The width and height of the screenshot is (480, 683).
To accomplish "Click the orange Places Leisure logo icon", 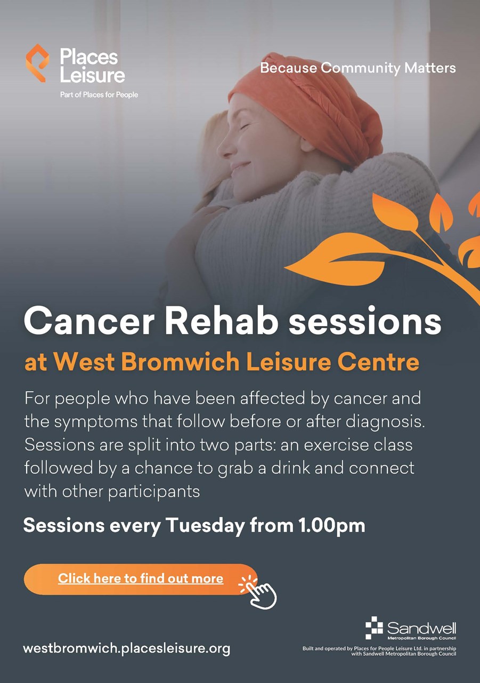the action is [37, 63].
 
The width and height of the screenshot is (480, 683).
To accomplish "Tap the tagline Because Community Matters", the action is [358, 68].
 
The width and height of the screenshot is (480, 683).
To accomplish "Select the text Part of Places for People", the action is [99, 95].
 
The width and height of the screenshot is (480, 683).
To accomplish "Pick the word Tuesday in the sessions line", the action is [205, 526].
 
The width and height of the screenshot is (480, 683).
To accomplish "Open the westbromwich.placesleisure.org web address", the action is [127, 648].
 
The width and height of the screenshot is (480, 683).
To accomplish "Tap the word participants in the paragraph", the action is [154, 492].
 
